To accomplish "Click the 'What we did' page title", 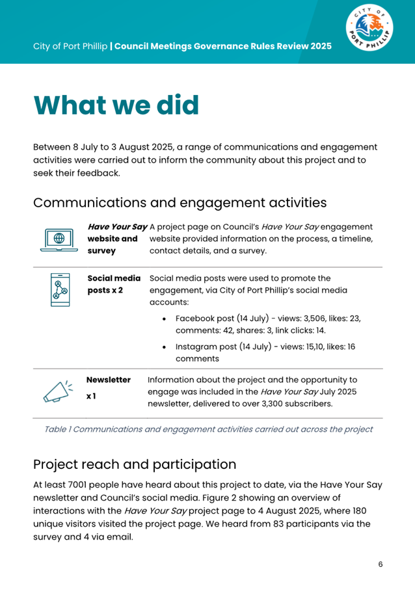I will tap(116, 105).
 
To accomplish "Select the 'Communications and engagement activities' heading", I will tap(180, 202).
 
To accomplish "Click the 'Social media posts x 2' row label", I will tap(114, 284).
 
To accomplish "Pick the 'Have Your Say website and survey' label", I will tap(116, 238).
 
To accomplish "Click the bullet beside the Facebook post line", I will tap(165, 319).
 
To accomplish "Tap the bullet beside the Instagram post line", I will tap(165, 347).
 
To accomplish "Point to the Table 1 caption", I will tap(207, 429).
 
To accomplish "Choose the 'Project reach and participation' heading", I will tap(135, 465).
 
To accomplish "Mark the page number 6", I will tap(381, 564).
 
